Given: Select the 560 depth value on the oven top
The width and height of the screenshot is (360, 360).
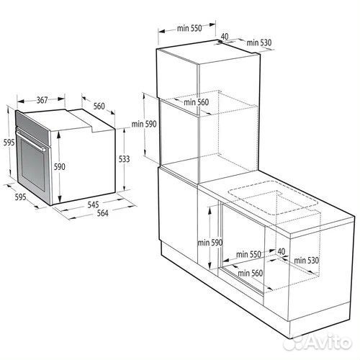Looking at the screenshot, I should click(99, 106).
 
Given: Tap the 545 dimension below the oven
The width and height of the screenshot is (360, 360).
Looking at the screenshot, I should click(93, 204).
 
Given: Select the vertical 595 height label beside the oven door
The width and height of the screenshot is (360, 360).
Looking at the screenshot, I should click(6, 143).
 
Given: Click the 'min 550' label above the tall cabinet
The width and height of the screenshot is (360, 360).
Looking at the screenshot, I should click(189, 29).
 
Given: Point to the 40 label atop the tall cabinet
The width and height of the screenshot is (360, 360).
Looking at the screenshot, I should click(224, 36).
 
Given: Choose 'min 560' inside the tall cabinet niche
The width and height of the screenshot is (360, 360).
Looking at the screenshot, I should click(195, 102).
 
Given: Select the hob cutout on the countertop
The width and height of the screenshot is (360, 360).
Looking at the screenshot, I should click(272, 202).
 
